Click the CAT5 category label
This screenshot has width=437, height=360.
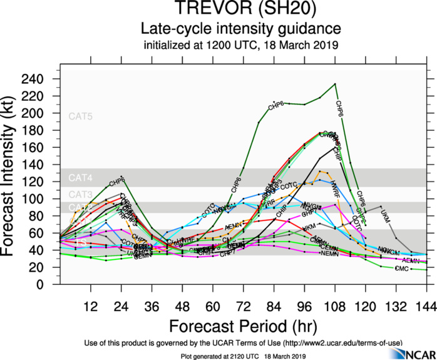(x=81, y=116)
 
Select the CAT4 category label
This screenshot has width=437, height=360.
(x=81, y=178)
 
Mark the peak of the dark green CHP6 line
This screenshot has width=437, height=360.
(x=336, y=83)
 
